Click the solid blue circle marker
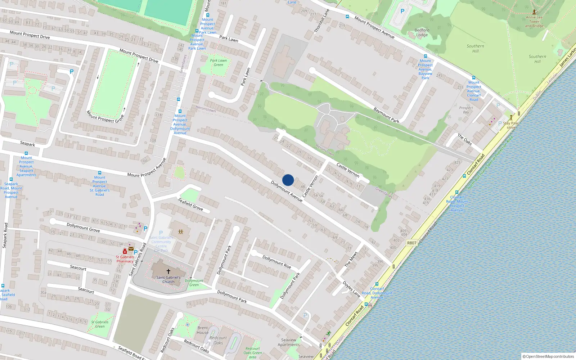pos(288,180)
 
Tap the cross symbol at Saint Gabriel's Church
pos(168,271)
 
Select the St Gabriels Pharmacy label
pos(125,259)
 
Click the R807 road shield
pos(411,243)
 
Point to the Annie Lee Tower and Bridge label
pos(534,22)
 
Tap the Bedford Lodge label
pos(422,32)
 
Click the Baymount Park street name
pos(386,115)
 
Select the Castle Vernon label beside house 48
pos(310,186)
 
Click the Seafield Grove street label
pos(190,204)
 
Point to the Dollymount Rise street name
pos(276,262)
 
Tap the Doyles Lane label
pos(351,289)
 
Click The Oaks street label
pos(464,139)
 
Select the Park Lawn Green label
pos(218,63)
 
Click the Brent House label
pos(202,330)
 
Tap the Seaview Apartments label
pos(288,342)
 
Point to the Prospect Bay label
pos(466,110)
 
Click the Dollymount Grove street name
pos(83,227)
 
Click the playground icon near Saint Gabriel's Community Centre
pos(181,232)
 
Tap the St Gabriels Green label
pos(100,324)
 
